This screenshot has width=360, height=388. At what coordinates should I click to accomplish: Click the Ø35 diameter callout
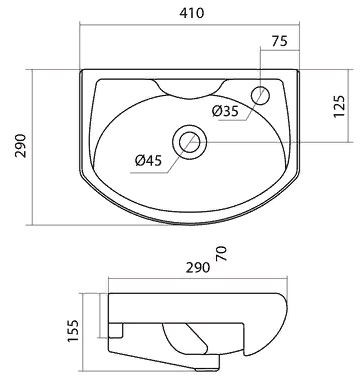coord(225,111)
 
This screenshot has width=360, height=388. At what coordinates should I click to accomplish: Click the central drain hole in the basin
coord(186,141)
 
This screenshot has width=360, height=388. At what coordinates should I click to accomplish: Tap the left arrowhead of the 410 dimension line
coord(84,29)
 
